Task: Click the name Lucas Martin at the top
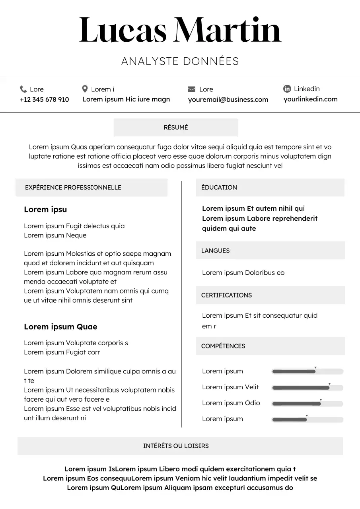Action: click(x=180, y=31)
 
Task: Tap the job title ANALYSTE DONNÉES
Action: click(x=180, y=61)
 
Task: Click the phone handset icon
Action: click(x=23, y=89)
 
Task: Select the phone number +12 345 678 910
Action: click(x=44, y=99)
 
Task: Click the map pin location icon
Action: click(x=85, y=89)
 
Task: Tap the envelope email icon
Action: click(x=191, y=89)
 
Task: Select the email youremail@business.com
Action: click(x=228, y=99)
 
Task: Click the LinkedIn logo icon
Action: click(x=287, y=89)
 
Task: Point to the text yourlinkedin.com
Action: click(x=310, y=99)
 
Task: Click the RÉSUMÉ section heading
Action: click(x=176, y=127)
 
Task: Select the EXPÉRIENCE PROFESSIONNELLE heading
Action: click(x=73, y=187)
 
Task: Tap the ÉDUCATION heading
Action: click(x=219, y=187)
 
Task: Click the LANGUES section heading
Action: click(x=215, y=251)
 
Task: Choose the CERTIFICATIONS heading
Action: click(x=226, y=295)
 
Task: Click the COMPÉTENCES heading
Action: click(x=223, y=346)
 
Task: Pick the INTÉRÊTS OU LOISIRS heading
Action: click(x=176, y=446)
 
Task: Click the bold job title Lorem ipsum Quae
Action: click(x=60, y=326)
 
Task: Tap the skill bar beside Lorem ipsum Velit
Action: click(x=307, y=387)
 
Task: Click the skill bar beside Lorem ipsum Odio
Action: click(x=307, y=403)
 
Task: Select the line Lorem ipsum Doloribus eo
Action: click(x=243, y=272)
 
